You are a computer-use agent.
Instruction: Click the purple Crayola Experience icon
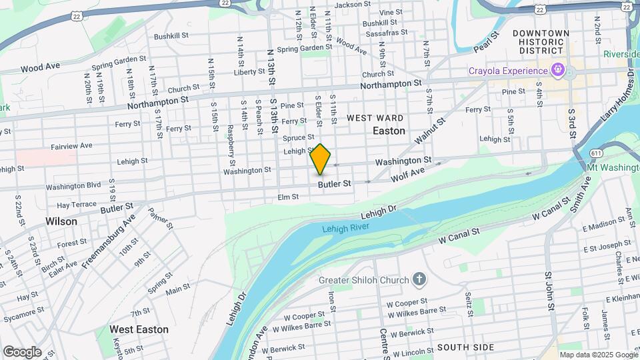click(x=558, y=69)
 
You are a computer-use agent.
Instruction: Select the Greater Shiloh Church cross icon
click(x=419, y=279)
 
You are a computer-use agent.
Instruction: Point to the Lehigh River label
click(x=345, y=228)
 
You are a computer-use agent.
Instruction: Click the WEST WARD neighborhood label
click(x=375, y=118)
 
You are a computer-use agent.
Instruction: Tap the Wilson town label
click(x=61, y=221)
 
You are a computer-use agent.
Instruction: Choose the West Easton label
click(x=139, y=329)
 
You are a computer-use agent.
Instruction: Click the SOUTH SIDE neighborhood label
click(x=465, y=347)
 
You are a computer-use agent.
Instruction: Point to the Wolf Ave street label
click(x=407, y=174)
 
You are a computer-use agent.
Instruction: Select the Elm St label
click(x=287, y=197)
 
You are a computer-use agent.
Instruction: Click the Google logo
click(x=22, y=352)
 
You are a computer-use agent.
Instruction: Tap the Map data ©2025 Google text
click(x=598, y=355)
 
